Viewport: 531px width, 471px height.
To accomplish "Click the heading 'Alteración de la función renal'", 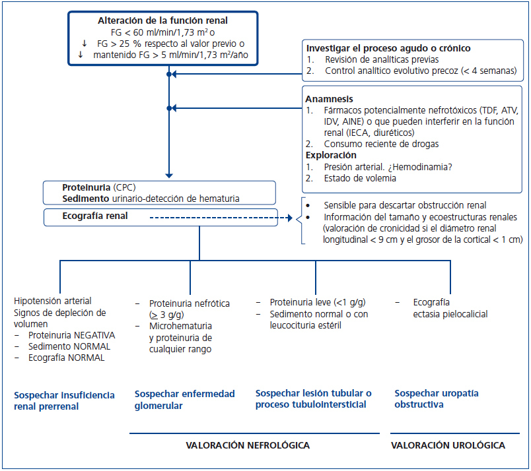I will tap(162, 20).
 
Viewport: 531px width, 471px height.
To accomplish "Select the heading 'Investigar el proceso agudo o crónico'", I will tap(388, 48).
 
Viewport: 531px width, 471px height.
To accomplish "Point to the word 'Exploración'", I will tap(332, 155).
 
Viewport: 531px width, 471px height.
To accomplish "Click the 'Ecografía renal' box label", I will tap(95, 216).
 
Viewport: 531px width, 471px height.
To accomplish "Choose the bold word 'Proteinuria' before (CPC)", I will tap(87, 187).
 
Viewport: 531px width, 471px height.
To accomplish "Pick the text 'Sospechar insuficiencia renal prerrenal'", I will tap(64, 400).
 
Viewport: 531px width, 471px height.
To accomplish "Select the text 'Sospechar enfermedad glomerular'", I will tap(184, 399).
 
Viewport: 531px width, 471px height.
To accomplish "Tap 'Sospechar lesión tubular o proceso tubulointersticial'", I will tap(313, 399).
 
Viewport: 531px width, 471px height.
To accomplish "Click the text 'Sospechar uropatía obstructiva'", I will tap(437, 398).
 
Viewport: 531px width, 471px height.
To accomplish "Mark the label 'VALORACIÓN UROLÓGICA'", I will tap(448, 445).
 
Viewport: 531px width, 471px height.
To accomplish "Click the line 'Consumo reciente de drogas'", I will tap(381, 144).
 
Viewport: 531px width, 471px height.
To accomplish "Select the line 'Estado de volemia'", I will tap(361, 178).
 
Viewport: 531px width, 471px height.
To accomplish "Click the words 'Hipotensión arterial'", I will tap(53, 301).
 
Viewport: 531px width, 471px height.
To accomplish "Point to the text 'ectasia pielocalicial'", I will tap(450, 314).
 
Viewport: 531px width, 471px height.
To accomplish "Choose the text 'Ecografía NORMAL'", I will tap(66, 358).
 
